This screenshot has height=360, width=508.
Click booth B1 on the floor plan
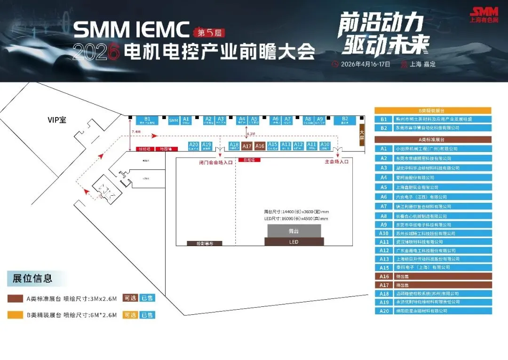pyautogui.click(x=147, y=120)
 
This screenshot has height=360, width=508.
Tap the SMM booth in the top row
pyautogui.click(x=174, y=120)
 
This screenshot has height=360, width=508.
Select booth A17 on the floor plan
pyautogui.click(x=247, y=146)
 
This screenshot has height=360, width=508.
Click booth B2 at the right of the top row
pyautogui.click(x=345, y=120)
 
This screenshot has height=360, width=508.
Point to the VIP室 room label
pyautogui.click(x=57, y=120)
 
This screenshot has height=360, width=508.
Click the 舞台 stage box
pyautogui.click(x=294, y=231)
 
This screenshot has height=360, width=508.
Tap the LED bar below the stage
pyautogui.click(x=294, y=242)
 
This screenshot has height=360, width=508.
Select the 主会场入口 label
pyautogui.click(x=337, y=162)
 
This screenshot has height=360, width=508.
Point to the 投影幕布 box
pyautogui.click(x=204, y=244)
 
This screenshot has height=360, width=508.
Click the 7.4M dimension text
pyautogui.click(x=136, y=132)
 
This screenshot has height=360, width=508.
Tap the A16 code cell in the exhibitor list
pyautogui.click(x=384, y=277)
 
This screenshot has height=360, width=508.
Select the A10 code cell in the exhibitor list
pyautogui.click(x=384, y=233)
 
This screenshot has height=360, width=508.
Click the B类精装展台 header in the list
pyautogui.click(x=433, y=111)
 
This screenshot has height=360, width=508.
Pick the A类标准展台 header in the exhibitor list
pyautogui.click(x=433, y=139)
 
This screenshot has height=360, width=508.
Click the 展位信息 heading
pyautogui.click(x=32, y=278)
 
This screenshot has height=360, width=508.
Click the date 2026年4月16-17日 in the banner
pyautogui.click(x=365, y=64)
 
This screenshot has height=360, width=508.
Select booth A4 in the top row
pyautogui.click(x=242, y=120)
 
